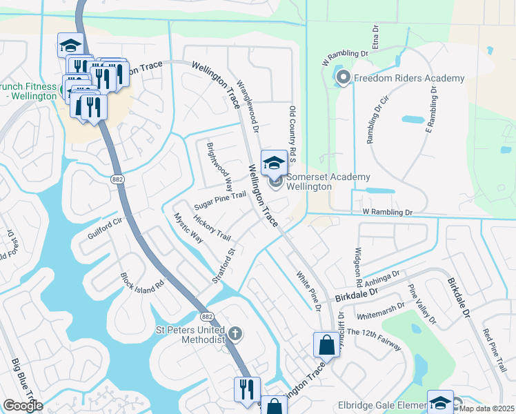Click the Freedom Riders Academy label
pyautogui.click(x=409, y=79)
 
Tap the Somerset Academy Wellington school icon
pyautogui.click(x=274, y=163)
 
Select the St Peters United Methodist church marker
pyautogui.click(x=235, y=335)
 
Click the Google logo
pyautogui.click(x=23, y=406)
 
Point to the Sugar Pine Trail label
pyautogui.click(x=219, y=201)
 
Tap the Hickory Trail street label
pyautogui.click(x=212, y=227)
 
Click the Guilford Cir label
pyautogui.click(x=104, y=228)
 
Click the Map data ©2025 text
pyautogui.click(x=487, y=408)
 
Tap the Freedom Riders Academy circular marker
pyautogui.click(x=344, y=79)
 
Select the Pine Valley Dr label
pyautogui.click(x=421, y=304)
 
